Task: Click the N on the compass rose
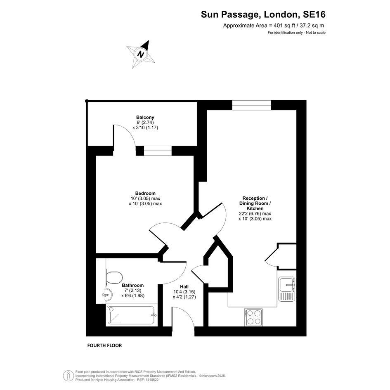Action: pos(141,54)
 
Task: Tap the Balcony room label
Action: pos(145,117)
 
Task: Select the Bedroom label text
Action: pos(145,193)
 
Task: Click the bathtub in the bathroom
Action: pos(131,315)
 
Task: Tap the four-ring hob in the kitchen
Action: pos(253,317)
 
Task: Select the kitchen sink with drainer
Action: pos(287,289)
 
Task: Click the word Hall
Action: pos(184,287)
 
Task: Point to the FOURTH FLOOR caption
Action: pos(104,345)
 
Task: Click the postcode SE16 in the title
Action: pos(314,14)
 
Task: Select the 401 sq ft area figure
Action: pos(284,25)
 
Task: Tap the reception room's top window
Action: pos(252,105)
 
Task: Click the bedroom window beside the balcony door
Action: pos(158,151)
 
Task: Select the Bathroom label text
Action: pos(133,285)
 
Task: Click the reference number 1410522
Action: pos(151,380)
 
